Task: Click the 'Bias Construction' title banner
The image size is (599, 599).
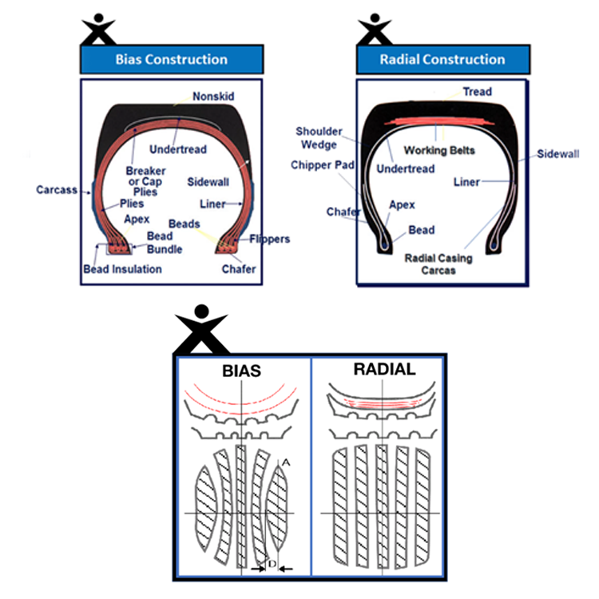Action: tap(172, 59)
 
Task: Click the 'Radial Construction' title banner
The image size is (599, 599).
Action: tap(442, 59)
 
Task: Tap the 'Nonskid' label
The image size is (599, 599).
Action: tap(213, 97)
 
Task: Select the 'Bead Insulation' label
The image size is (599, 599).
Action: tap(123, 269)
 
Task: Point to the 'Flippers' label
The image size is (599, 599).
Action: tap(270, 239)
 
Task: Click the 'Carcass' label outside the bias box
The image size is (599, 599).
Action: tap(57, 190)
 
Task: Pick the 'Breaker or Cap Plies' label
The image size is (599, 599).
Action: tap(145, 181)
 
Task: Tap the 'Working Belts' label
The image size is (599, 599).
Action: tap(439, 150)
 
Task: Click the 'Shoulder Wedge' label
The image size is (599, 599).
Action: tap(319, 138)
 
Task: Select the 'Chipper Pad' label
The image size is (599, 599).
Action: tap(323, 165)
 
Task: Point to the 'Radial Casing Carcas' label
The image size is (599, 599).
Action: tap(438, 264)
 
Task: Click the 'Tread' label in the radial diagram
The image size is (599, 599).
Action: tap(477, 92)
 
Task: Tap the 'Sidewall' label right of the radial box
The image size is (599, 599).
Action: tap(557, 154)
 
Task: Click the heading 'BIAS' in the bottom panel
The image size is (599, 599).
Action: tap(241, 371)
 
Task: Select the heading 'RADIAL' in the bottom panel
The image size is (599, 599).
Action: tap(384, 370)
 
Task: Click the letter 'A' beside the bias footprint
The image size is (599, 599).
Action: tap(286, 463)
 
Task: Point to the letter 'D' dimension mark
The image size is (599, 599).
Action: tap(272, 564)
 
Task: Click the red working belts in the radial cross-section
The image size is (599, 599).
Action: tap(439, 121)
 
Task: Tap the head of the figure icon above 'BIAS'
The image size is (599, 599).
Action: tap(201, 311)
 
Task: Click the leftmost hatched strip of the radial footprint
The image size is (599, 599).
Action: tap(340, 506)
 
